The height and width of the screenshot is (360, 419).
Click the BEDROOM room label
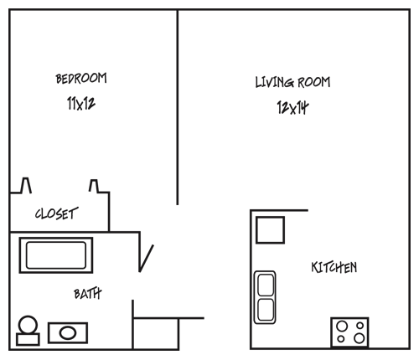click(81, 78)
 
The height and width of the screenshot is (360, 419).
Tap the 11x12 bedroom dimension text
click(81, 103)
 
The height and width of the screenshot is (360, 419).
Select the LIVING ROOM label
click(292, 82)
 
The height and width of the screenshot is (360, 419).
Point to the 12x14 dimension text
click(292, 107)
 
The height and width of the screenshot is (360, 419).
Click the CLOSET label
click(56, 213)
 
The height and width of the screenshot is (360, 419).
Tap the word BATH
click(88, 294)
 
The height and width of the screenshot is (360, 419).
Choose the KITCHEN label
click(334, 267)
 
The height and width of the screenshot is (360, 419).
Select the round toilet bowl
click(28, 325)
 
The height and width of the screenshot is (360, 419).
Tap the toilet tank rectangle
click(28, 339)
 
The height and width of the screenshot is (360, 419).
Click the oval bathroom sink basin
click(68, 333)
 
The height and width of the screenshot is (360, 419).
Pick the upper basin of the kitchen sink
click(266, 285)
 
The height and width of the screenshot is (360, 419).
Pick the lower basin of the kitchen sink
click(266, 310)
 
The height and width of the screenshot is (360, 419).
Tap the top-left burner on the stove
click(342, 326)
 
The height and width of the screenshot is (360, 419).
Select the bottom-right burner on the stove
click(360, 338)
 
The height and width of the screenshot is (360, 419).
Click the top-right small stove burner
click(360, 326)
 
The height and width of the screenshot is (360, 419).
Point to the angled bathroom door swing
click(147, 259)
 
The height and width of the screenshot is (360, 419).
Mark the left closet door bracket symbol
click(26, 185)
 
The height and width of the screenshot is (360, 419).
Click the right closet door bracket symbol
click(94, 186)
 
